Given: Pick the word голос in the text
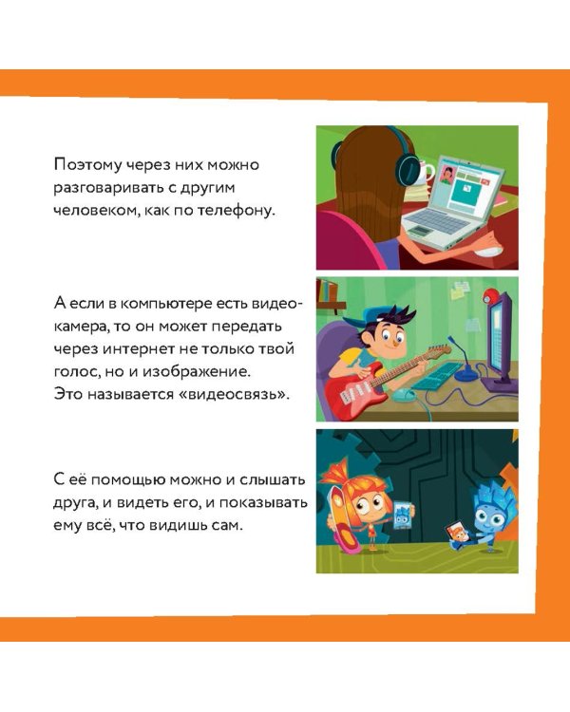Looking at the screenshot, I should point(75,370).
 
